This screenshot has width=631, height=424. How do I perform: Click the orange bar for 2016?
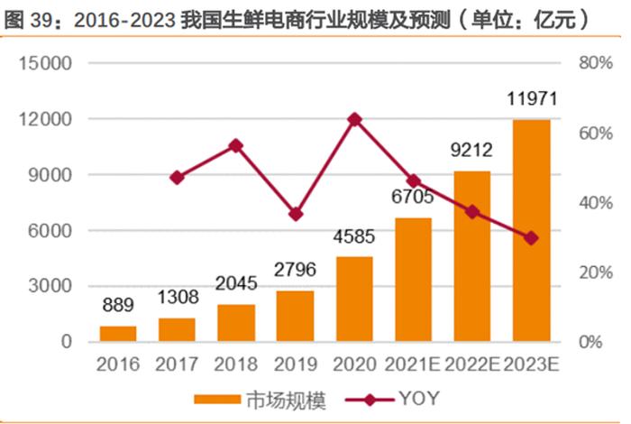118,334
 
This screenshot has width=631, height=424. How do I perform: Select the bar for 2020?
354,300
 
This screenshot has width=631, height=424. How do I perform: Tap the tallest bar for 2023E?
531,231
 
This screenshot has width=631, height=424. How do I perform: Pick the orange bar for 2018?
236,323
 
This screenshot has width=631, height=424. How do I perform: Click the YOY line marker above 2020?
354,118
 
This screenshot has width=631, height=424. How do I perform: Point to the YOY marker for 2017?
177,178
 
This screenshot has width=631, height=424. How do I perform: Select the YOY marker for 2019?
296,214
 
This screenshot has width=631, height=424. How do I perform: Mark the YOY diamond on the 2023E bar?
531,238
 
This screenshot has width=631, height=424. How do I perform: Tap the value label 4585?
354,239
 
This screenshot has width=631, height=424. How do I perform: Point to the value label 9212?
471,151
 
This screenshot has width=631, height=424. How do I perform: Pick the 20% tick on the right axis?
595,272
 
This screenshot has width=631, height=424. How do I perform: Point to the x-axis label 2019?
296,366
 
